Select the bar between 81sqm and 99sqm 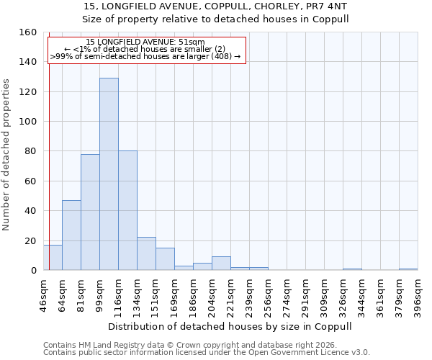pos(90,212)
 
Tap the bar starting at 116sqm pos(127,210)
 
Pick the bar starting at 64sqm pos(71,235)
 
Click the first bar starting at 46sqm pos(53,258)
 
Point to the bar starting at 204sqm pos(221,264)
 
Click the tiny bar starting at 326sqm pos(352,269)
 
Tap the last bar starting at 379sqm pos(408,269)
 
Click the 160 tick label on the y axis pos(28,32)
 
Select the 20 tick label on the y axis pos(31,240)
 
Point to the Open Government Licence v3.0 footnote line pos(206,352)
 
